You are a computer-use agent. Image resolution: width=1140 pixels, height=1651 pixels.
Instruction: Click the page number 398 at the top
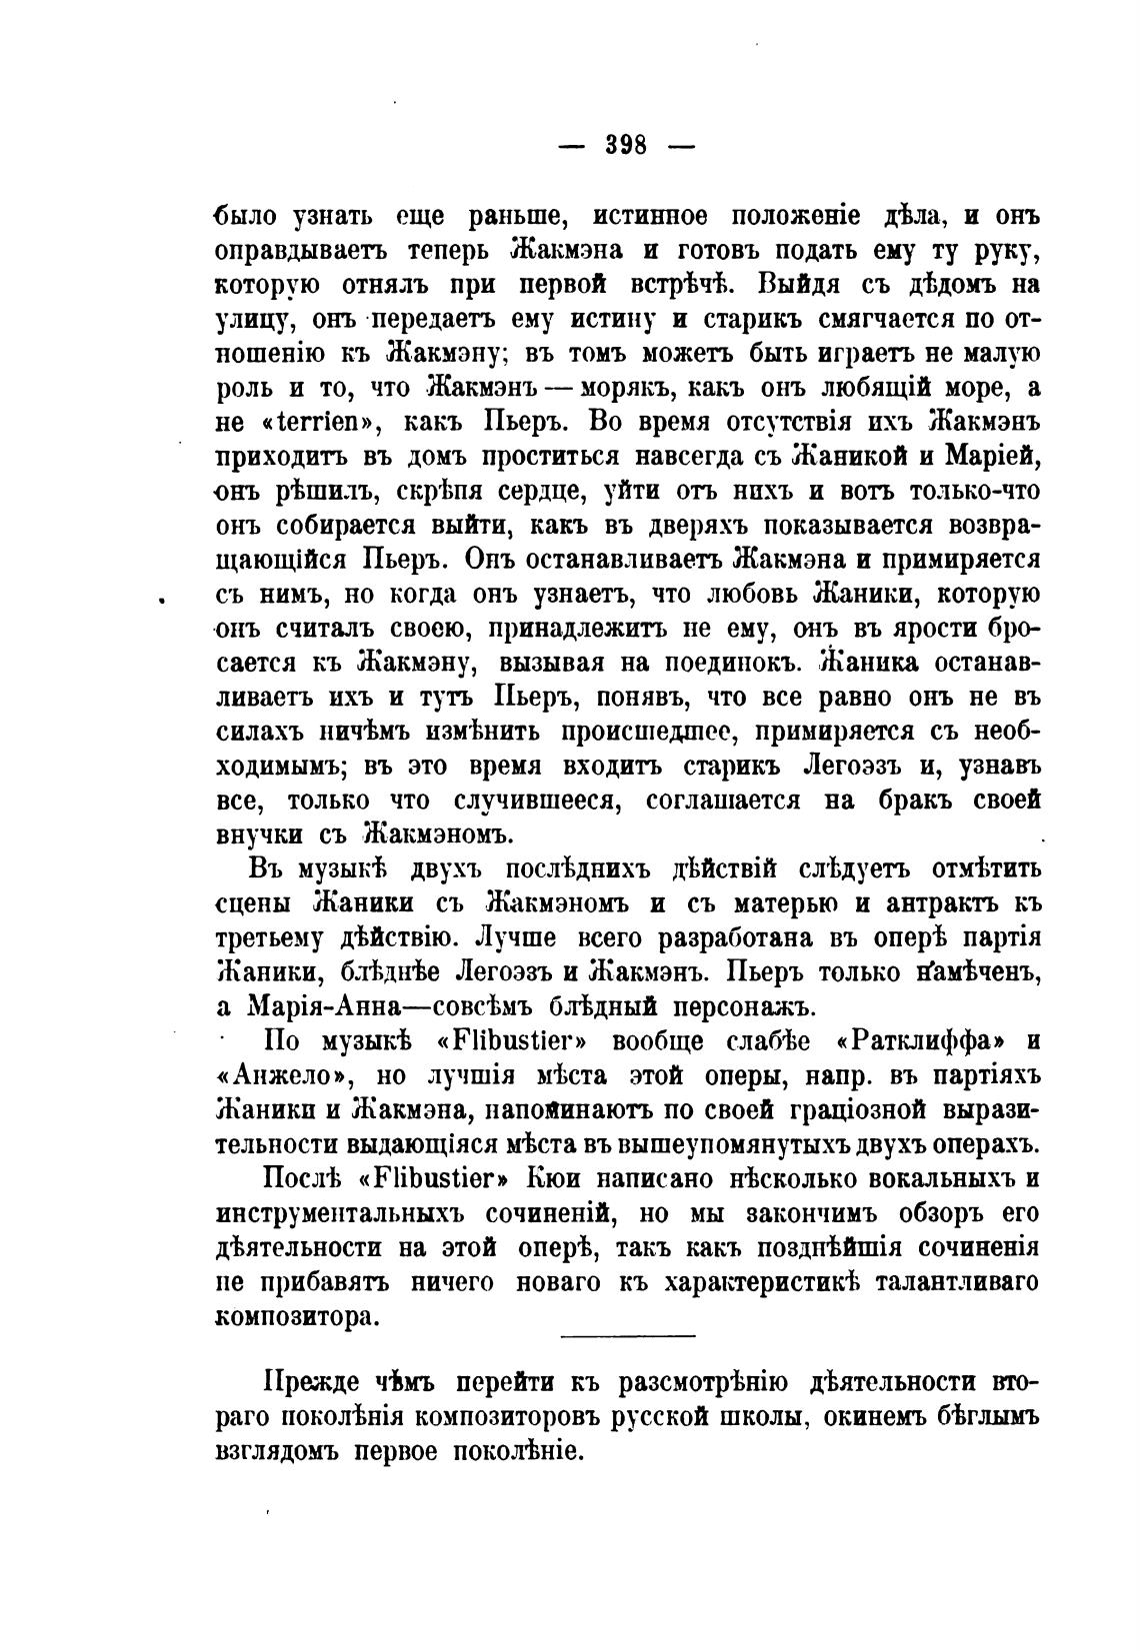[627, 146]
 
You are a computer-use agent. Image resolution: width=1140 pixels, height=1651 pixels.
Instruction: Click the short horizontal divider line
[627, 1336]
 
